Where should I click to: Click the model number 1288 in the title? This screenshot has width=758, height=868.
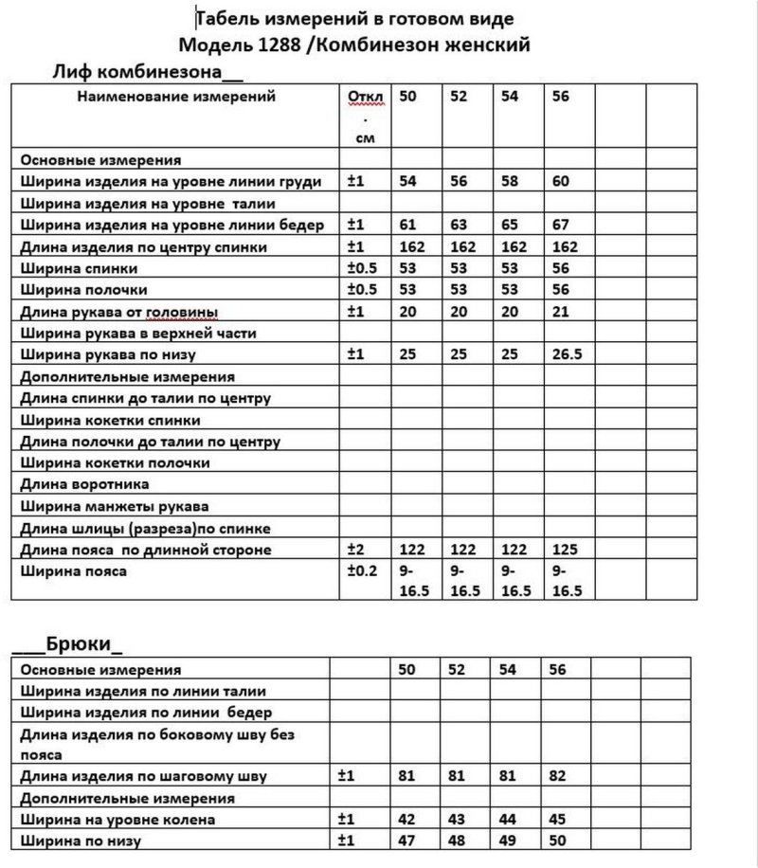280,44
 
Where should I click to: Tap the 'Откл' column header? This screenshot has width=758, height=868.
362,97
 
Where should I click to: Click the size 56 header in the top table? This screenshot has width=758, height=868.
560,96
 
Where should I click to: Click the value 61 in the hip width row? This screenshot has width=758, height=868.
408,225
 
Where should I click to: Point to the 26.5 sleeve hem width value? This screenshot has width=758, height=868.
568,354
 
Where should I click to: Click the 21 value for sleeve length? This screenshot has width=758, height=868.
559,311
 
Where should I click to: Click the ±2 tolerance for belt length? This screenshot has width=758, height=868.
356,550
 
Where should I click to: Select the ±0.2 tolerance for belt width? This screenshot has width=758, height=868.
363,571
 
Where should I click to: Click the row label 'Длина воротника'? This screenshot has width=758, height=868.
73,484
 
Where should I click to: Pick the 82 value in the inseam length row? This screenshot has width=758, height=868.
559,776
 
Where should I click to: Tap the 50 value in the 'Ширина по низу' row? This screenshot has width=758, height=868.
559,841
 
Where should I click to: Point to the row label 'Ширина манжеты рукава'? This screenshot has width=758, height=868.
114,506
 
